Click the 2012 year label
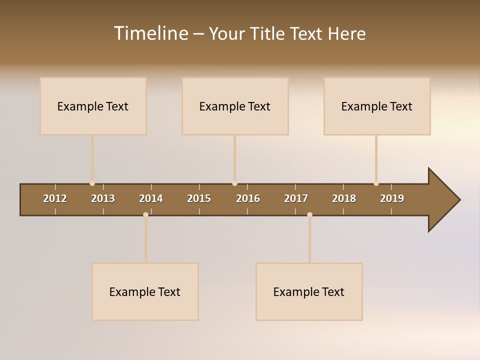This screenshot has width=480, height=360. [55, 198]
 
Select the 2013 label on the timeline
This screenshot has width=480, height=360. [103, 198]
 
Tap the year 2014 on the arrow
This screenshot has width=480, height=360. [151, 198]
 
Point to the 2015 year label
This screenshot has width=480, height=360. [199, 198]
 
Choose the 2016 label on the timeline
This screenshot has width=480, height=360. [248, 198]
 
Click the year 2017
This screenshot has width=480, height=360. [296, 198]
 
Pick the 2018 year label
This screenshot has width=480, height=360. [344, 198]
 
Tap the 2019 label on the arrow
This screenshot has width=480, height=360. [392, 198]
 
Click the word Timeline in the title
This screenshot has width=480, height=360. [150, 33]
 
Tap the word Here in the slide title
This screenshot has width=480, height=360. [346, 33]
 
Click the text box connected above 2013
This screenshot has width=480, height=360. [93, 106]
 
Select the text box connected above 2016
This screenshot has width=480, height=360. [235, 106]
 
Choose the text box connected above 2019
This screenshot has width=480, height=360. [377, 106]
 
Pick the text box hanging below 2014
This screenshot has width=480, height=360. [145, 291]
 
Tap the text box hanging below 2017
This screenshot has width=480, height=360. [309, 291]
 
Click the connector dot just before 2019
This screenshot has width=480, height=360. [376, 183]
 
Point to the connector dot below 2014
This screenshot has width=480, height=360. [145, 215]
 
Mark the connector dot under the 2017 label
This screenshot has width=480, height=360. [309, 215]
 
